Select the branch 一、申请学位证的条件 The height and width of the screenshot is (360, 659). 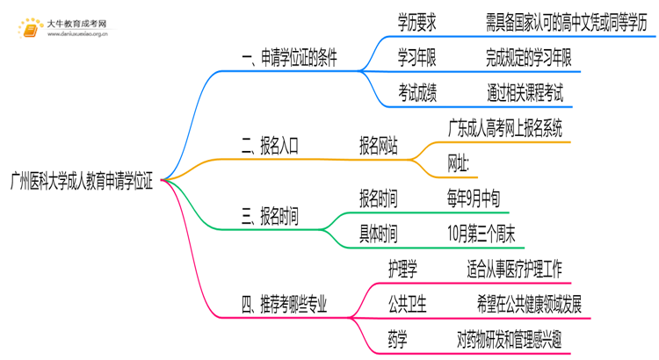click(x=289, y=59)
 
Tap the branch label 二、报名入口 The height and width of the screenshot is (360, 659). click(x=270, y=147)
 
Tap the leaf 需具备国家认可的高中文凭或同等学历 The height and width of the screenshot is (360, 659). click(x=566, y=24)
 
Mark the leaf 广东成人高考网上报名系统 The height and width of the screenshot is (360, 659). click(x=504, y=126)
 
